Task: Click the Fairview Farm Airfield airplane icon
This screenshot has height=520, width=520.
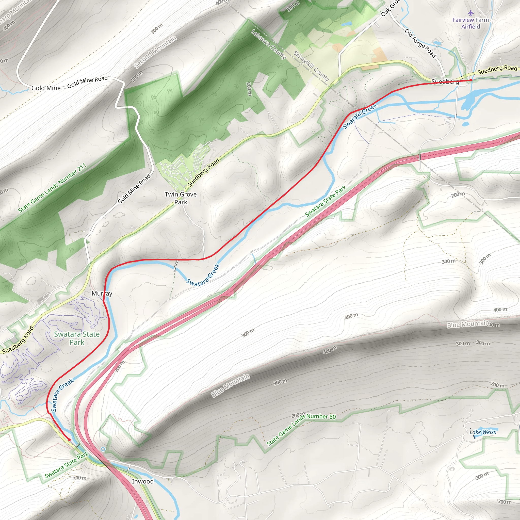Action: (x=470, y=13)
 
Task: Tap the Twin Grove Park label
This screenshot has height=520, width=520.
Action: (x=181, y=198)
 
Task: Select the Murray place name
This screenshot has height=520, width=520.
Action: (x=102, y=293)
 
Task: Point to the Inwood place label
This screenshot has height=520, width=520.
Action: (x=143, y=481)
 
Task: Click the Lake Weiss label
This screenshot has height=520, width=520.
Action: (x=483, y=432)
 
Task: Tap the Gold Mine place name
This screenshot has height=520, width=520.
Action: (x=46, y=88)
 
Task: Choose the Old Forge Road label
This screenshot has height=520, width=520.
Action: (x=420, y=43)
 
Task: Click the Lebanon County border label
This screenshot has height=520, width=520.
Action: (x=268, y=44)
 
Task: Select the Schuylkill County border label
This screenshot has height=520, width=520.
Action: (x=311, y=66)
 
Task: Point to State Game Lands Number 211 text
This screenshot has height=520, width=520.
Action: (x=52, y=188)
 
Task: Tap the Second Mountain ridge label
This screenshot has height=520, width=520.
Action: (x=155, y=52)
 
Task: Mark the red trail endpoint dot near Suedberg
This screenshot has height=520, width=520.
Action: (x=471, y=80)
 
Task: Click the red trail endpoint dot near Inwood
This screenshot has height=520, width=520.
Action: (x=69, y=440)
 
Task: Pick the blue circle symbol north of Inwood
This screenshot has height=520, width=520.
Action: (x=103, y=449)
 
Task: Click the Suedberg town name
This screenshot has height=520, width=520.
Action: (x=445, y=81)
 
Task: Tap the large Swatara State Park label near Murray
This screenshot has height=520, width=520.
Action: (x=77, y=338)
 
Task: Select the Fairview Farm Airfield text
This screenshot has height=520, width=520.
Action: (x=470, y=23)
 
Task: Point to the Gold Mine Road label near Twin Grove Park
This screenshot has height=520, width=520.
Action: (x=134, y=189)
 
